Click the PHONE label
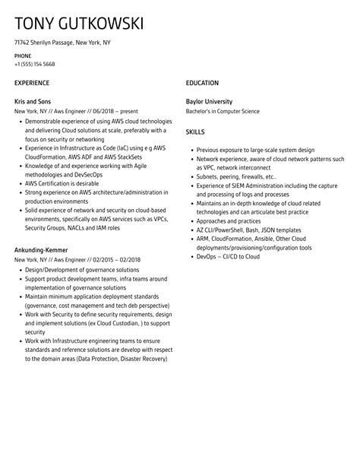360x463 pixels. point(22,56)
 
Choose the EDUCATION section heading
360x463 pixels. point(202,83)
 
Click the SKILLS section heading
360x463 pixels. point(195,132)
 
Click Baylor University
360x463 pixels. point(209,101)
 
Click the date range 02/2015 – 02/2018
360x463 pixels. point(114,259)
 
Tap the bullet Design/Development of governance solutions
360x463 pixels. point(82,269)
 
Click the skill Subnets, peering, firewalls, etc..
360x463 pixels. point(236,176)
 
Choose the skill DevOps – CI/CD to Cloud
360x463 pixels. point(227,256)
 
